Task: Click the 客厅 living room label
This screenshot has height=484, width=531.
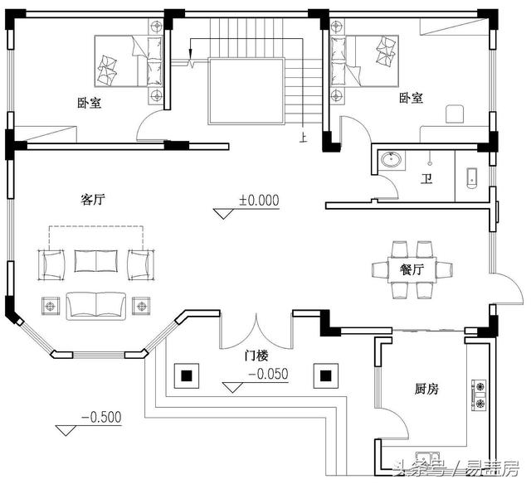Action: coord(93,199)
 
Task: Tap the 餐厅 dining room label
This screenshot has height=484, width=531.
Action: coord(412,269)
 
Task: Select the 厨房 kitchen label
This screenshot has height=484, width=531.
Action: coord(426,389)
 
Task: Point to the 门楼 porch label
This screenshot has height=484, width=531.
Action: coord(256,356)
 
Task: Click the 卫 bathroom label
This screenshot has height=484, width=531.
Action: coord(426,178)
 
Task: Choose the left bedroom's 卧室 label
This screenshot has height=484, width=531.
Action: coord(90,103)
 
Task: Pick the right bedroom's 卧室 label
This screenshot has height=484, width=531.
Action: coord(412,98)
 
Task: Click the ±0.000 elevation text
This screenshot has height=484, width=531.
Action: coord(260,200)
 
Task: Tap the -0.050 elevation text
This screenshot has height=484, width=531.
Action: coord(268,374)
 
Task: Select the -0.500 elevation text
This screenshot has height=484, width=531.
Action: coord(101,417)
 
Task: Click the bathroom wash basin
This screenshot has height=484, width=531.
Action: coord(392,160)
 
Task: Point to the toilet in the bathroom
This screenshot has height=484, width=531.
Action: coord(472,177)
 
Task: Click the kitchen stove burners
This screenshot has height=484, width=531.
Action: coord(480,394)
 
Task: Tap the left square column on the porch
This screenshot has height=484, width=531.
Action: coord(187,375)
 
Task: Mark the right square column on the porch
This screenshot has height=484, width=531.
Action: coord(326,375)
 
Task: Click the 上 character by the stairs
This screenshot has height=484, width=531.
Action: coord(303,137)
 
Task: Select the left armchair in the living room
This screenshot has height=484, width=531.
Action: coord(51,265)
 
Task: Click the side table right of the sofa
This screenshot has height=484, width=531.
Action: coord(141,306)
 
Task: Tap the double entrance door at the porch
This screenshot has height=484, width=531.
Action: coord(256,332)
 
